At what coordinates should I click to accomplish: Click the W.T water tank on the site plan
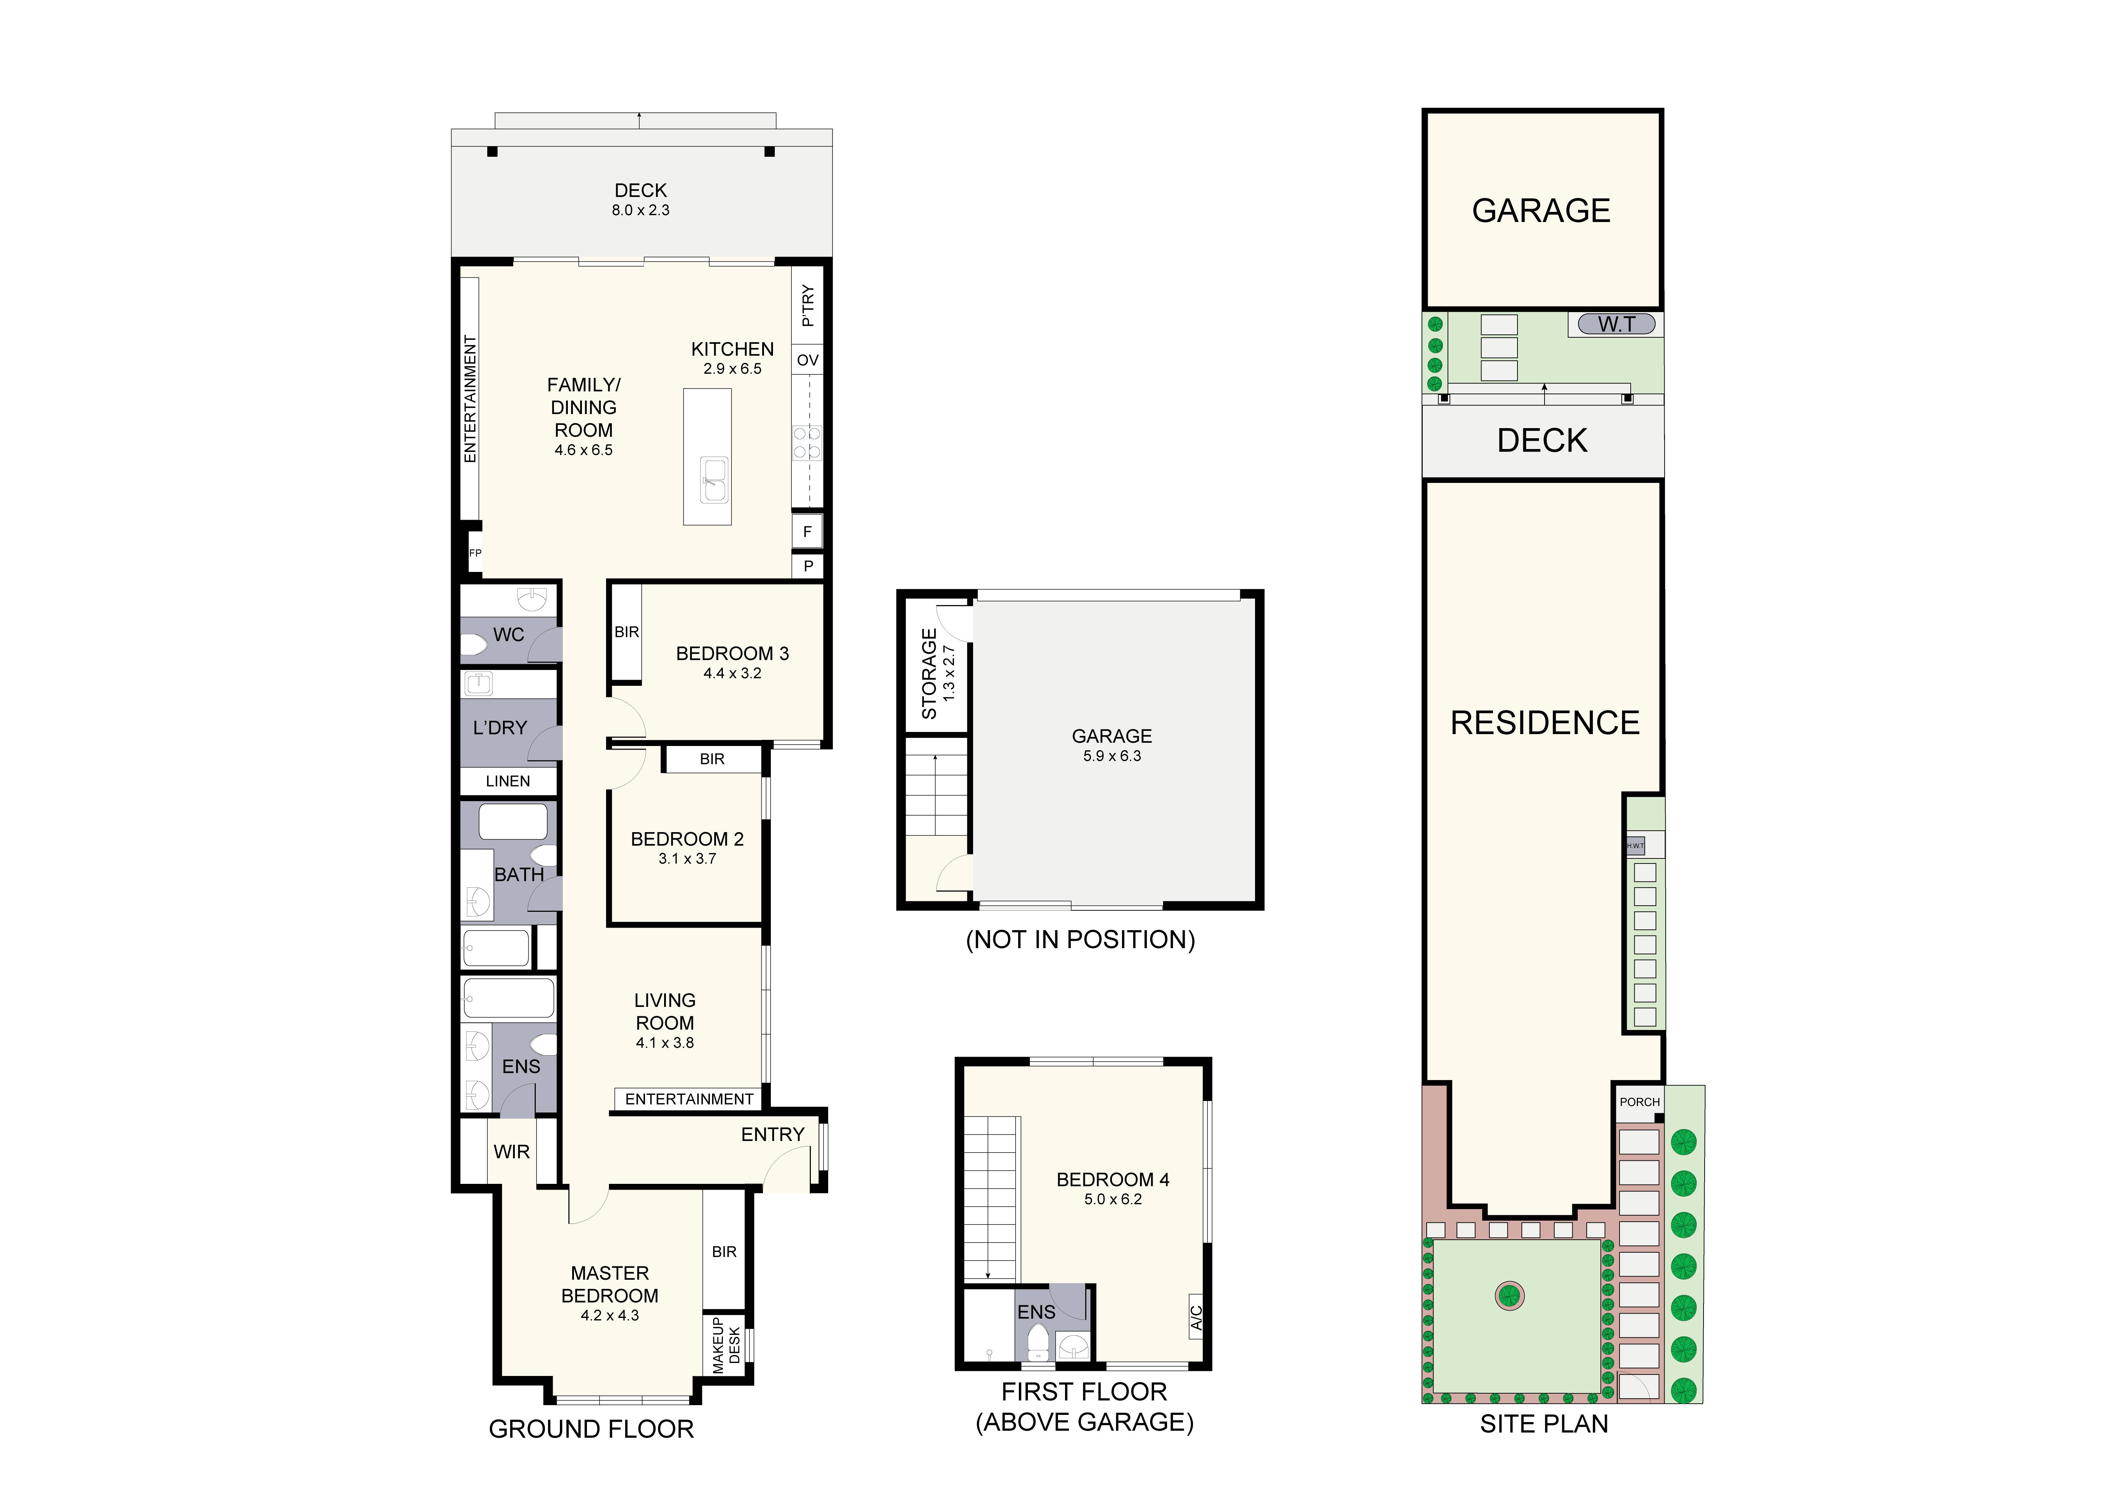(1616, 324)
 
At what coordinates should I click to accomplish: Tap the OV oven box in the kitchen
(807, 360)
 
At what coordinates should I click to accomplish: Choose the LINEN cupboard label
(508, 781)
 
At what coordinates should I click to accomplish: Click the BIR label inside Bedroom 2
(712, 759)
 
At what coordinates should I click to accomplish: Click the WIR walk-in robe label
(512, 1152)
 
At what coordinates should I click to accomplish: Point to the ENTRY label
(773, 1134)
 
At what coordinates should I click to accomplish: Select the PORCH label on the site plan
(1639, 1102)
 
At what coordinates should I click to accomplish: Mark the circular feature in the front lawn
(1510, 1294)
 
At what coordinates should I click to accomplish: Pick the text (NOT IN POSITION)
(1080, 940)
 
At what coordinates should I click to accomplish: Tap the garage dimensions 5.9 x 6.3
(1112, 756)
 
